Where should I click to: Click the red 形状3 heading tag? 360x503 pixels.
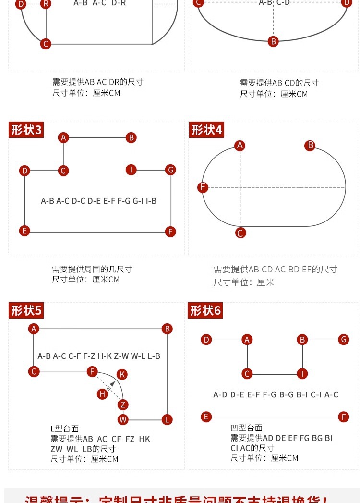coord(26,130)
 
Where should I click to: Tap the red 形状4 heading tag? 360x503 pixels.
coord(206,130)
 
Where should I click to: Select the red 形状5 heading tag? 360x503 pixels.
coord(26,311)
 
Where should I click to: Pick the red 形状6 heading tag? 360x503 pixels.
coord(205,311)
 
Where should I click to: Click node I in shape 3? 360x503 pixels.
coord(131,170)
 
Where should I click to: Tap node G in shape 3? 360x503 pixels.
coord(170,170)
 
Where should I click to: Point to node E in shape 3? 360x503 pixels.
coord(24,231)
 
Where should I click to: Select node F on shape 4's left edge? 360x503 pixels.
coord(203,187)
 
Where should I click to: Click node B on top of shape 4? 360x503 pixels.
coord(311,146)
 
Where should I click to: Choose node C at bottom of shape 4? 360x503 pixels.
coord(240,233)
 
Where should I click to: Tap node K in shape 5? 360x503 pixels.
coord(122,374)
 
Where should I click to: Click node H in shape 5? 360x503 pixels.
coord(102,394)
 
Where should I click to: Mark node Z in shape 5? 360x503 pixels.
coord(123,405)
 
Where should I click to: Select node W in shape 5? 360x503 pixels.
coord(123,419)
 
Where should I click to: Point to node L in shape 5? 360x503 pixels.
coord(167,419)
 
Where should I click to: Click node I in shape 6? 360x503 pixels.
coord(302,374)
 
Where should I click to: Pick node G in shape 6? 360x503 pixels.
coord(343,340)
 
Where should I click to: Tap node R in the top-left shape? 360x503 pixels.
coord(46,4)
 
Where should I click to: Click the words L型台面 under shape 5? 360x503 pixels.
coord(64,429)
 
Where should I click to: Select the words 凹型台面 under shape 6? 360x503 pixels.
coord(246,428)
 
